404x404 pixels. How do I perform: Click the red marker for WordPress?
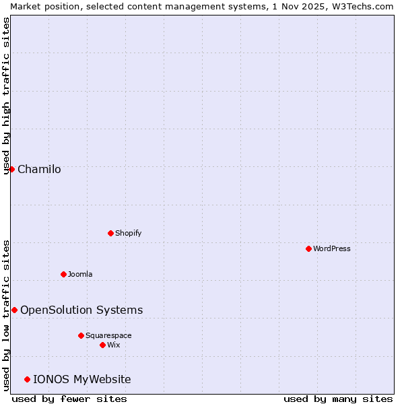coord(308,248)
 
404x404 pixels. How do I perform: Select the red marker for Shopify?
coord(110,233)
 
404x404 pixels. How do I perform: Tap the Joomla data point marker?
coord(63,274)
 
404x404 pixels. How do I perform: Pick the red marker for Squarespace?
coord(81,335)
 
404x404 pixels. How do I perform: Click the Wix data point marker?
coord(102,345)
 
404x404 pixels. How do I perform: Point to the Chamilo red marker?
coord(11,169)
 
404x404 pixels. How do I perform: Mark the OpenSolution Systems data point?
coord(14,310)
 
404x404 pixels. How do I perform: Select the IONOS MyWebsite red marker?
coord(27,379)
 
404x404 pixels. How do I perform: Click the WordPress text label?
coord(332,248)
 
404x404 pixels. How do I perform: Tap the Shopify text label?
coord(128,233)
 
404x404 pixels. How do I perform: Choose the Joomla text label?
coord(80,274)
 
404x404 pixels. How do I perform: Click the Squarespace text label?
coord(108,335)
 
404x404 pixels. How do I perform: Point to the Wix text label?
coord(113,345)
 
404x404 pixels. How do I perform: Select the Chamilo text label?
coord(39,169)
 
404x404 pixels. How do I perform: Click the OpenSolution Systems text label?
coord(81,310)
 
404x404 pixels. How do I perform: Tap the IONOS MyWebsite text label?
coord(82,379)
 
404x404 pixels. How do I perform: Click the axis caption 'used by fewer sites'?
coord(69,399)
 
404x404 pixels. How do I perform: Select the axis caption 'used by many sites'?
coord(338,399)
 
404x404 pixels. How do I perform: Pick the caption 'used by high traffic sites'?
coord(6,96)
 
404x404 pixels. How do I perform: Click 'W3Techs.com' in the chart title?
coord(362,6)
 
